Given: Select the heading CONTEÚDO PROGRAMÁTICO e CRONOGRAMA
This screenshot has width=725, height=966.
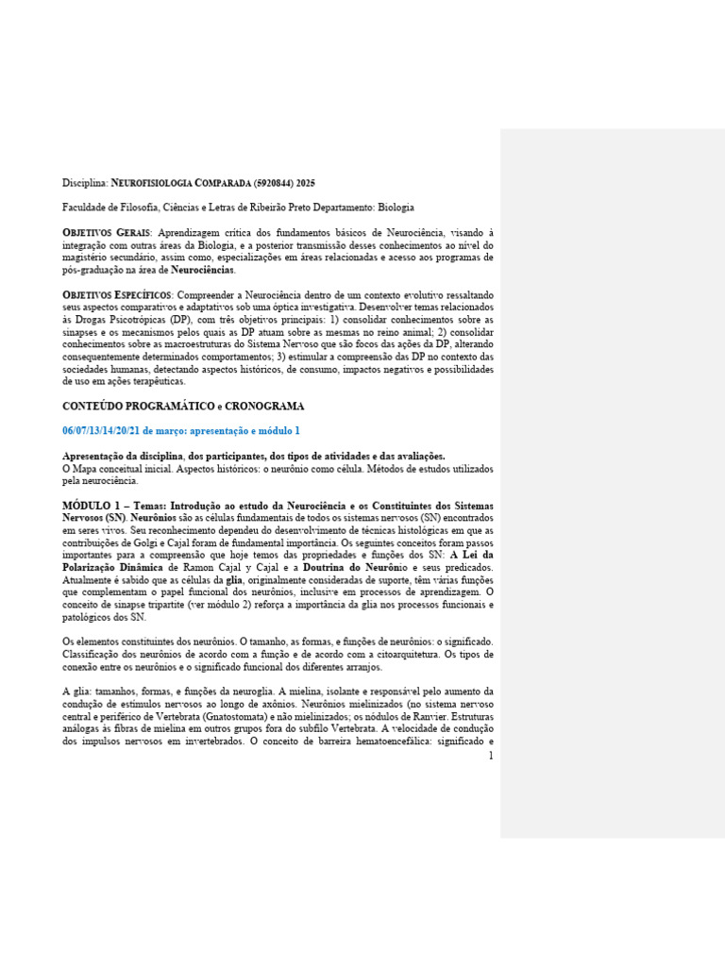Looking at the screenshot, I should tap(170, 406).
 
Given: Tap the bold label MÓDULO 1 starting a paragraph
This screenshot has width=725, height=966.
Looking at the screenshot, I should tap(99, 507).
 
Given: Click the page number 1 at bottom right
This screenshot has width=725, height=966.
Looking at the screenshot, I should tap(491, 756).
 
